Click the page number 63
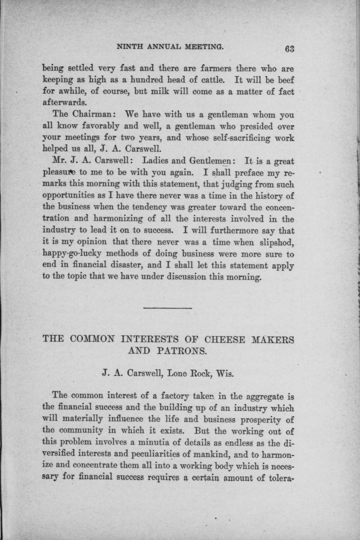click(x=290, y=49)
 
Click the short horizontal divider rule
click(x=168, y=308)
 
